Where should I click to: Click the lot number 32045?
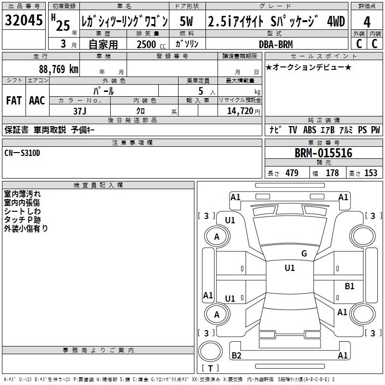click(24, 20)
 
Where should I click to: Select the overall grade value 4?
click(367, 22)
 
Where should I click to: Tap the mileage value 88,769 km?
click(59, 69)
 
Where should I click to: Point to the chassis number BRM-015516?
click(323, 153)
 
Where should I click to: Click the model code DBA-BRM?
click(276, 44)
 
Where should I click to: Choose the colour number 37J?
click(80, 111)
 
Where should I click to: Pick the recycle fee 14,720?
click(240, 111)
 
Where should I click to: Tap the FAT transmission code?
click(14, 101)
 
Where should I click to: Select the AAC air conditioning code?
click(37, 101)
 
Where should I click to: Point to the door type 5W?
click(186, 21)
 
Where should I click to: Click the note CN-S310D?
click(22, 153)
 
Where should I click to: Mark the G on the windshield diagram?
click(304, 253)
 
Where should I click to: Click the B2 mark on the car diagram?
click(236, 355)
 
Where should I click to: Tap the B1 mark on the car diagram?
click(349, 286)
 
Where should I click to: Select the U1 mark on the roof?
click(290, 268)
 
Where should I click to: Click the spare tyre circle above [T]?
click(210, 351)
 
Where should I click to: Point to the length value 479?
click(292, 173)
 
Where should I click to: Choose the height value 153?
click(371, 173)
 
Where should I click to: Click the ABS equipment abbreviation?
click(309, 130)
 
